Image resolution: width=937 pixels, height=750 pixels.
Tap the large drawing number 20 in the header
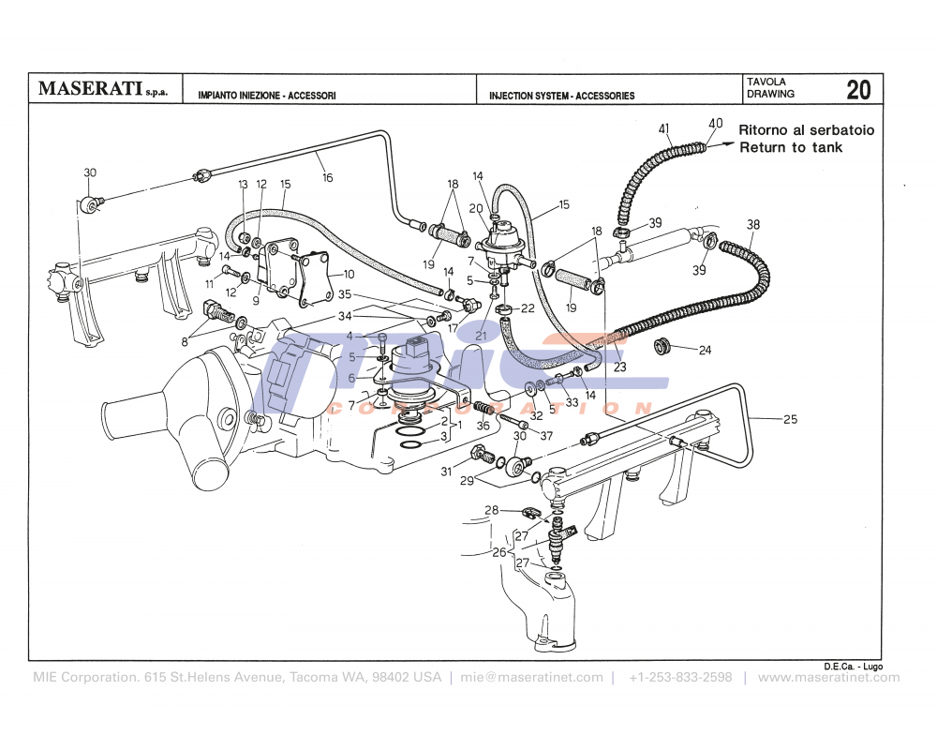pos(858,90)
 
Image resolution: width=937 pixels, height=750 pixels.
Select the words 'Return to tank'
pos(791,147)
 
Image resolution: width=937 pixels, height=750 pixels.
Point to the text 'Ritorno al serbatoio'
pos(806,130)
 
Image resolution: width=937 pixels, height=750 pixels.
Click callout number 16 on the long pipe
pos(327,177)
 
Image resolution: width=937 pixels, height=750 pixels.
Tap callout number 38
pos(753,224)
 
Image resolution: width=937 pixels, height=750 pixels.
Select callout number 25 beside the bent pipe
pos(790,419)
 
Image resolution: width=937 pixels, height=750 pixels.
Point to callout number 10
pos(349,275)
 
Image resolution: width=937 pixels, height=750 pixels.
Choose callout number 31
pos(447,472)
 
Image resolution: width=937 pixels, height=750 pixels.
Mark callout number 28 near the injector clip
pos(491,509)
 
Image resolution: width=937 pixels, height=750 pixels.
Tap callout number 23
pos(619,367)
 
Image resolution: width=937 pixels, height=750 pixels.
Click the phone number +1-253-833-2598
pos(680,677)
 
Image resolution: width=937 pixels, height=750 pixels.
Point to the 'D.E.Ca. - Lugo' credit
pos(853,666)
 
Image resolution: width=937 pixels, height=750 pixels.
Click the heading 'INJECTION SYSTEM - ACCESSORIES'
pos(561,96)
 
